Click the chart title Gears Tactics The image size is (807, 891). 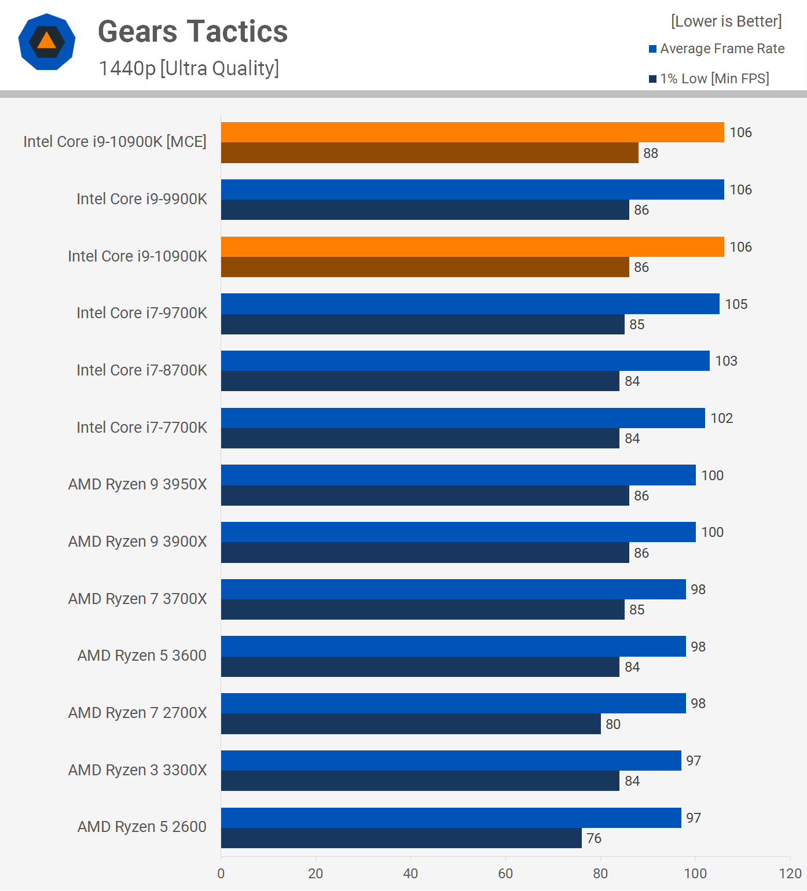(x=193, y=31)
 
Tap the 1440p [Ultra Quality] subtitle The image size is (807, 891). (x=189, y=68)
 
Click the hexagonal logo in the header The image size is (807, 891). (x=47, y=42)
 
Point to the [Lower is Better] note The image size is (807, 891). (x=726, y=21)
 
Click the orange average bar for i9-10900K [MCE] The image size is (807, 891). (x=472, y=132)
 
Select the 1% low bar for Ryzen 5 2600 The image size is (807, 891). (x=401, y=838)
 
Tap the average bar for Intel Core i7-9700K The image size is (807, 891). (x=469, y=304)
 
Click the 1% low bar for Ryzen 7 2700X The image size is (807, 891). (x=410, y=724)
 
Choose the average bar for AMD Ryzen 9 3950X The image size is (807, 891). (x=458, y=475)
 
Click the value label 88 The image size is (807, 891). (x=651, y=153)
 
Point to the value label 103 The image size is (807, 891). (x=726, y=361)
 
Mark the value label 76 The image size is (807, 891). (x=594, y=838)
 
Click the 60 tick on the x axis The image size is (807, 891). (x=505, y=874)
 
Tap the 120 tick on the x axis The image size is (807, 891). (x=790, y=874)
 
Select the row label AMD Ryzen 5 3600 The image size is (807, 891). (x=142, y=656)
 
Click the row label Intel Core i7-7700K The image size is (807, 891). (x=141, y=428)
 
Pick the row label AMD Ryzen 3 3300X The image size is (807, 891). (x=137, y=770)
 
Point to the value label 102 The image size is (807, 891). (x=721, y=418)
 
